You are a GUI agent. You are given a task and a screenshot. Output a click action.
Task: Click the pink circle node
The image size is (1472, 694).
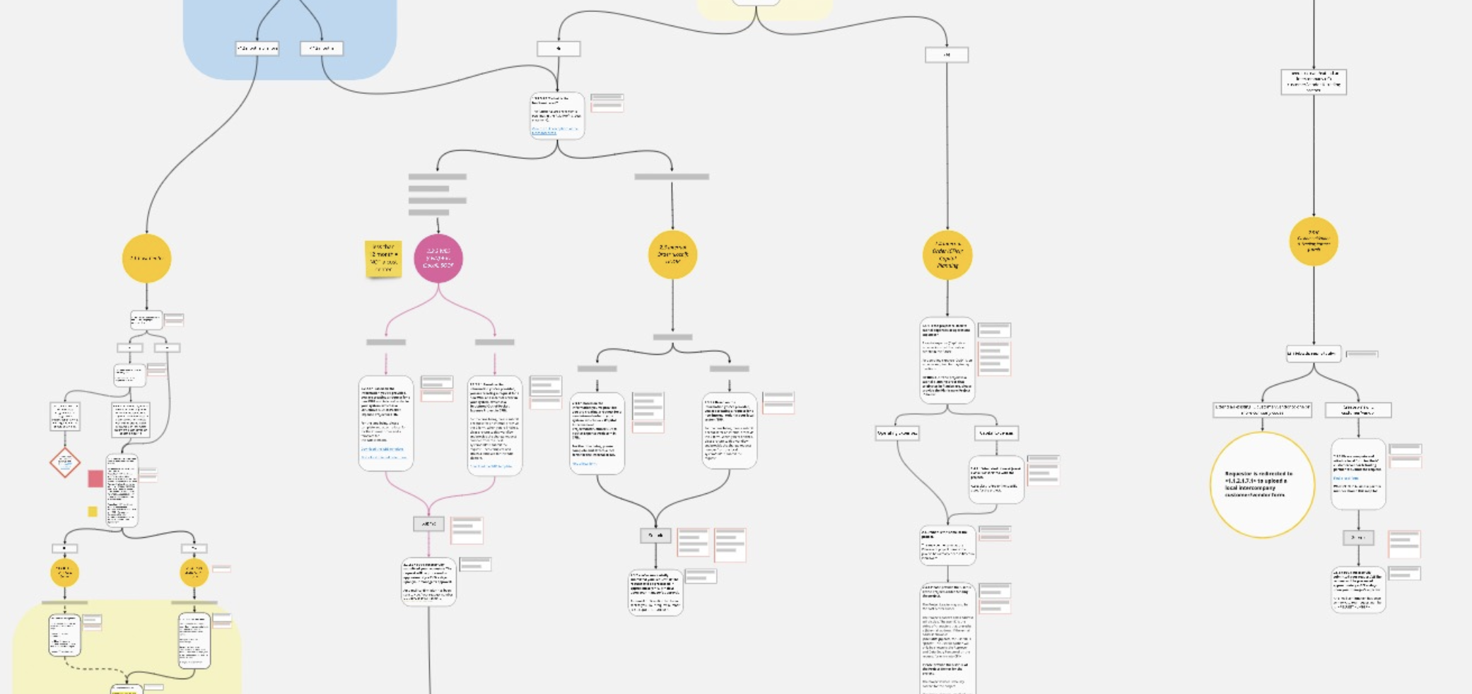(438, 258)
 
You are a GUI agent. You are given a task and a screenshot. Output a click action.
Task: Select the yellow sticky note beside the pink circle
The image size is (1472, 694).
(383, 259)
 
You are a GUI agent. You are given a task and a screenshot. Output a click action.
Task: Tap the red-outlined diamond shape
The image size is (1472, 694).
(65, 463)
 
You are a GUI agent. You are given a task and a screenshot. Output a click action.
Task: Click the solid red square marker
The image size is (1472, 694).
(95, 478)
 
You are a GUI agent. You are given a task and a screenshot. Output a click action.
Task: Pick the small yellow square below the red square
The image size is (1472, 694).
(93, 512)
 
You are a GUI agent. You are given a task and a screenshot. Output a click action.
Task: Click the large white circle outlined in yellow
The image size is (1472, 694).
(1262, 485)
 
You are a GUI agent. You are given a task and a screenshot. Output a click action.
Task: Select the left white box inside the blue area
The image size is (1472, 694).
(257, 48)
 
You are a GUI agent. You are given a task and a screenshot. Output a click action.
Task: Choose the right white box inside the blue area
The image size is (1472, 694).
(322, 48)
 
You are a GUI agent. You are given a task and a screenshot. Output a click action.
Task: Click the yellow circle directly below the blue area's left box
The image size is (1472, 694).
(147, 259)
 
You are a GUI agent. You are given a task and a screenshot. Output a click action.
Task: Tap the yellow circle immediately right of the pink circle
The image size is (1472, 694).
(672, 254)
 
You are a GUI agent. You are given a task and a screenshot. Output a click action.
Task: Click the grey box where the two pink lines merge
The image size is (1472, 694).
(428, 524)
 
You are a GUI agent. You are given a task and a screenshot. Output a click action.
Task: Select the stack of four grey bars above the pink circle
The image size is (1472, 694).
(438, 194)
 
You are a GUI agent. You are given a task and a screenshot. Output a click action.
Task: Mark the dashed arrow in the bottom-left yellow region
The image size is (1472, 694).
(95, 669)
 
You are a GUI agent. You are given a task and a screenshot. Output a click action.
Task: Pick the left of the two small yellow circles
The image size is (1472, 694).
(64, 572)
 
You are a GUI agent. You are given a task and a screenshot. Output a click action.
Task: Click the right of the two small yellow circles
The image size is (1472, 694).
(194, 572)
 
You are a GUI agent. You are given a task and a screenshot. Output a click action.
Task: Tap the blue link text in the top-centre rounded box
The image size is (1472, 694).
(554, 130)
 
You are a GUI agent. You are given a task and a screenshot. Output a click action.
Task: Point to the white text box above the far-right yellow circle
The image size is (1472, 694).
(1314, 82)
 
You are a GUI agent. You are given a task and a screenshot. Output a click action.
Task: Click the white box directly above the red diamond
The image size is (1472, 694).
(65, 416)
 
